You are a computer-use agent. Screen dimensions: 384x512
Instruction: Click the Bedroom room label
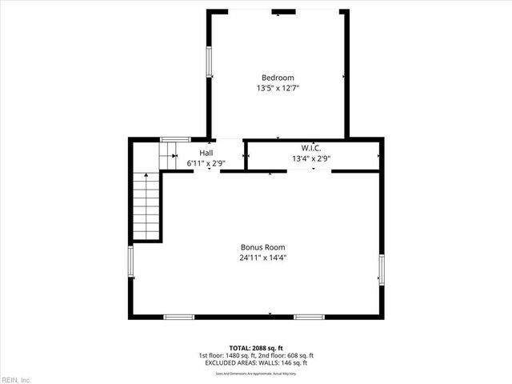(278, 78)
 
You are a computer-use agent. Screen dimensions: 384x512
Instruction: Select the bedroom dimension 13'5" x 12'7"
(278, 88)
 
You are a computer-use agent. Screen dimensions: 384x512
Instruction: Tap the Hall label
(206, 153)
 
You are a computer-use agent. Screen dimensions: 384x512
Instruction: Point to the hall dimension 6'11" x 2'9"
(206, 163)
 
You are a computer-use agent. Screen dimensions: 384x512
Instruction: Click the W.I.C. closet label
(311, 148)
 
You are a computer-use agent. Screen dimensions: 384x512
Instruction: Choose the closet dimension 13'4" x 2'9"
(311, 158)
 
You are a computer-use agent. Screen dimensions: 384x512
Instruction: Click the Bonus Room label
(263, 247)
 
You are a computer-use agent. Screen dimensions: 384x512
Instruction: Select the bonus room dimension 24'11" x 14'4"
(263, 258)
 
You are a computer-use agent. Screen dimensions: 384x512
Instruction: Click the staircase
(146, 206)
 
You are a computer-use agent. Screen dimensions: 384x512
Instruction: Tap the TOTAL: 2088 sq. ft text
(256, 347)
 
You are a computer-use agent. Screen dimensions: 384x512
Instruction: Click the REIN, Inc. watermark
(16, 378)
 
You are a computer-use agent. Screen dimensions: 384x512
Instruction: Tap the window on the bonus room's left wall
(131, 263)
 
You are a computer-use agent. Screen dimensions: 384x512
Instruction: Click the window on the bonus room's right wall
(382, 269)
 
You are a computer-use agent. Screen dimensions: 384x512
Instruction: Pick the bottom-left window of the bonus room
(179, 318)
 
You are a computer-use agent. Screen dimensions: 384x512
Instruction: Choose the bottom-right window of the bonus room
(309, 318)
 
